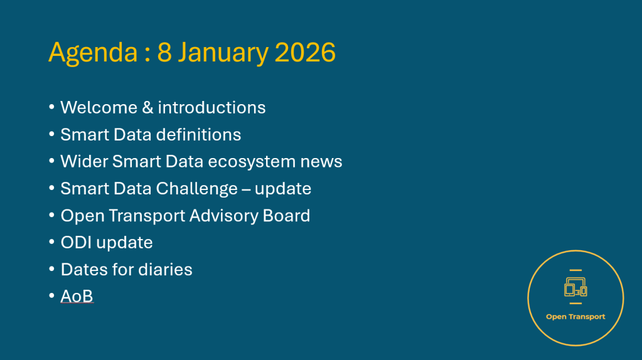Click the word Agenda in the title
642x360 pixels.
94,53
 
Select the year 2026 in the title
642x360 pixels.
305,52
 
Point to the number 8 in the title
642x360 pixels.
164,52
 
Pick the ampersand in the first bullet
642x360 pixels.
147,108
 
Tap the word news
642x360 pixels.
321,162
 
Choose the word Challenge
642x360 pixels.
197,189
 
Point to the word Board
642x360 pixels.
286,216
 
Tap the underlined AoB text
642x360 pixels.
77,296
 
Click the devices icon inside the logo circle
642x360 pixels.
575,287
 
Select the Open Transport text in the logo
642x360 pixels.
575,317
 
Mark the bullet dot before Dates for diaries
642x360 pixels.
51,269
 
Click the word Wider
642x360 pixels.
84,162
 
